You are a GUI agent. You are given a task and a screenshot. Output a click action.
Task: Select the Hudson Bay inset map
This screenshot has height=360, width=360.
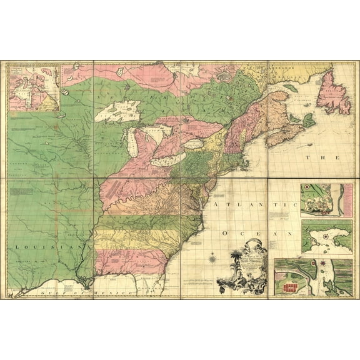[x=34, y=87]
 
